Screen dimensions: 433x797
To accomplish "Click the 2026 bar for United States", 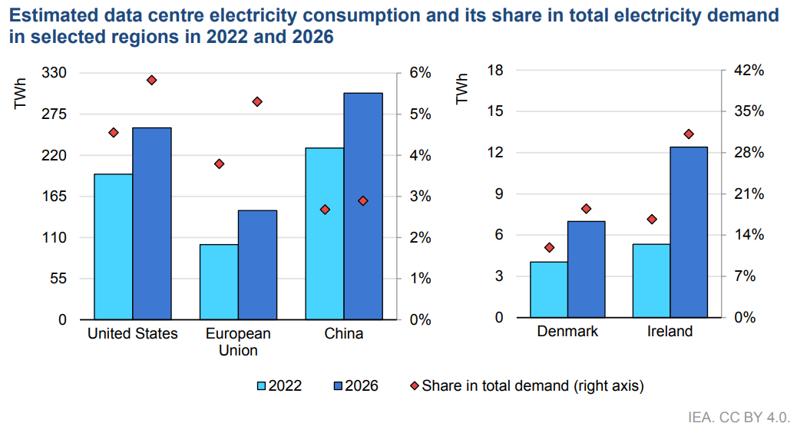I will (151, 223).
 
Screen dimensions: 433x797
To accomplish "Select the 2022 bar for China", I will (324, 233).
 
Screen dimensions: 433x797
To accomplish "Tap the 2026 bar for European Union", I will (257, 264).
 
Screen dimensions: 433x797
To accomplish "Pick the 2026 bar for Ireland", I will (689, 231).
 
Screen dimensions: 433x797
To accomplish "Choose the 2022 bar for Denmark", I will (549, 289).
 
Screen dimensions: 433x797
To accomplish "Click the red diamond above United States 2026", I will (151, 80).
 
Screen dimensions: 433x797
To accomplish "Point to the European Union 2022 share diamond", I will (219, 164).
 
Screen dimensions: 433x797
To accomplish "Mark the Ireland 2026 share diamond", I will (689, 134).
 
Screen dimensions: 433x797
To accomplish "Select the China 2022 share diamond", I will (325, 210).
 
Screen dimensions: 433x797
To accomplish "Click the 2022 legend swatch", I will (260, 385).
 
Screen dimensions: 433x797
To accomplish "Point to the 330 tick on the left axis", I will (58, 73).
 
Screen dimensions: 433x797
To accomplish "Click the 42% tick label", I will (748, 71).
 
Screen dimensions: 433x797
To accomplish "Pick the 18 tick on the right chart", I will (495, 71).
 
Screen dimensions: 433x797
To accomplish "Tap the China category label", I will (343, 334).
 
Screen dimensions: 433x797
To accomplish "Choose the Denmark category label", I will (567, 332).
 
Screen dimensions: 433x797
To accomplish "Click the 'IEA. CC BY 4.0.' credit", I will (739, 418).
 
